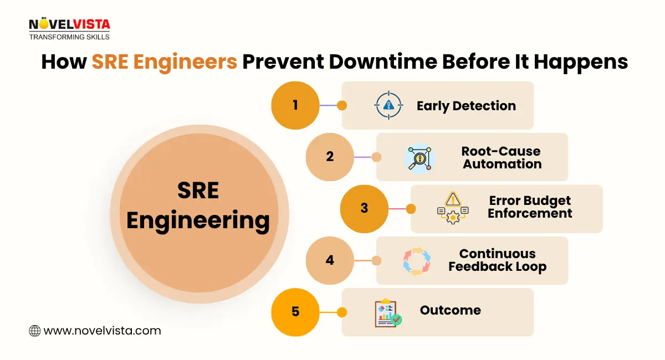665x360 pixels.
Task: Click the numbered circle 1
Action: tap(295, 105)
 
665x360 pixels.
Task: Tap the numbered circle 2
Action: tap(330, 157)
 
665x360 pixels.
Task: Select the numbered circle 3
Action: tap(364, 208)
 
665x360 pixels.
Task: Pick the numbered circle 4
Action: tap(330, 260)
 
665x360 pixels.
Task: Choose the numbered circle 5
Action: tap(295, 311)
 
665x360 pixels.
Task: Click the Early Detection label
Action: tap(466, 106)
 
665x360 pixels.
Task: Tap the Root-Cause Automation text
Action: tap(502, 157)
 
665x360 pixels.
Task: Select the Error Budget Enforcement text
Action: tap(530, 207)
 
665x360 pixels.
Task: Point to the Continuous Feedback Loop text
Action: tap(497, 260)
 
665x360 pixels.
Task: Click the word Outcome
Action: tap(450, 310)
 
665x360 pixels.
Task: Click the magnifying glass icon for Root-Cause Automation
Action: tap(420, 158)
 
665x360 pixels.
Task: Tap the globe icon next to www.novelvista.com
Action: tap(34, 331)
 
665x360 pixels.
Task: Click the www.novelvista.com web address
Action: tap(102, 331)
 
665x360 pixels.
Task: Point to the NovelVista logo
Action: tap(69, 28)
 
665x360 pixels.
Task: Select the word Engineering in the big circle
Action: tap(198, 220)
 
